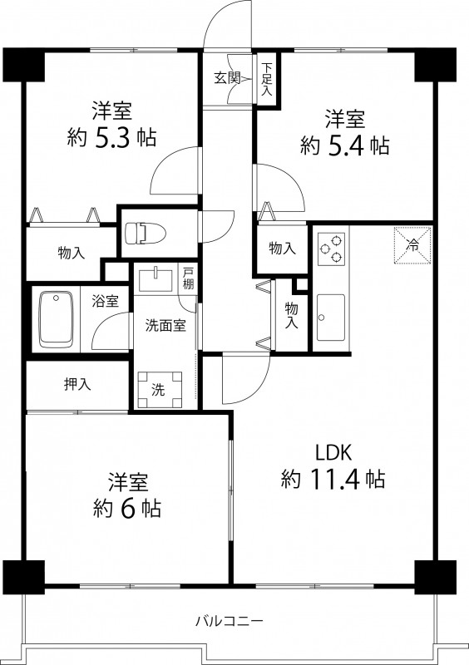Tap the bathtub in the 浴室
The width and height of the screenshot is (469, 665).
[x=56, y=319]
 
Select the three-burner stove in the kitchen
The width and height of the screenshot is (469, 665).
[x=331, y=249]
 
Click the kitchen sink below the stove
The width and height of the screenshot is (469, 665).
[x=331, y=318]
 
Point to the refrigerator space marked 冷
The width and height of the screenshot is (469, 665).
[x=412, y=245]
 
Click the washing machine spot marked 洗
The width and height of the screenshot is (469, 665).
[x=160, y=389]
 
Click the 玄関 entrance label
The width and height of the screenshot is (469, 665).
[x=227, y=78]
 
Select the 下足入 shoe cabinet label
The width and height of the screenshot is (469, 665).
[x=267, y=79]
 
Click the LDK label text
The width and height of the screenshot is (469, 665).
[x=333, y=452]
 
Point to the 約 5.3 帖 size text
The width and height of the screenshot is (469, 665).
[x=111, y=137]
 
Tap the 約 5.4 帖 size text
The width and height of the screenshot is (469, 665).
[x=344, y=146]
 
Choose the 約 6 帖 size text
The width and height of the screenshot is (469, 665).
[x=127, y=508]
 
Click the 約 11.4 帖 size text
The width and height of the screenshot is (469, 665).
[x=333, y=480]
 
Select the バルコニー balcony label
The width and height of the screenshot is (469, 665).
[x=230, y=621]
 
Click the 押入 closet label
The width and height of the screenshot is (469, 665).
[x=77, y=384]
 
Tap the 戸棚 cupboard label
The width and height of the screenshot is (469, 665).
[x=188, y=278]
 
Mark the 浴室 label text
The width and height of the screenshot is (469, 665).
[x=106, y=301]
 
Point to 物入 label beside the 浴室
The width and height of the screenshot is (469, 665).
[x=72, y=254]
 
